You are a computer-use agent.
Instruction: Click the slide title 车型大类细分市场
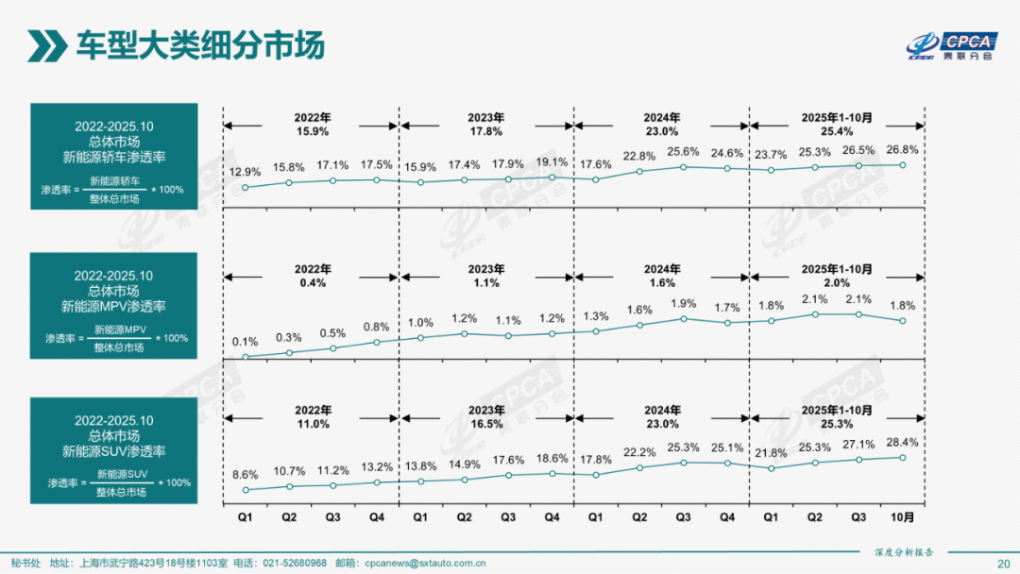coord(199,45)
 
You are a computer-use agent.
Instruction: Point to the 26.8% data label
coord(902,149)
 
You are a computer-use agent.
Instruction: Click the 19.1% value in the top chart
coord(552,161)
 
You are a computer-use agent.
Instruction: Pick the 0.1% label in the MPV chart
coord(245,342)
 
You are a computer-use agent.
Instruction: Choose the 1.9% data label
coord(683,303)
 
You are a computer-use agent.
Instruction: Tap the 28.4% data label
coord(902,442)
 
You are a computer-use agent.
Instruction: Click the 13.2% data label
coord(376,466)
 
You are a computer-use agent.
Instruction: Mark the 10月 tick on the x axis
coord(902,517)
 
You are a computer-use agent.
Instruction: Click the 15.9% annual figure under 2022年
coord(313,131)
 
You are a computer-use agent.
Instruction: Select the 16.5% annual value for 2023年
coord(485,425)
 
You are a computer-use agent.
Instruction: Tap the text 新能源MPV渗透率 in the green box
coord(113,307)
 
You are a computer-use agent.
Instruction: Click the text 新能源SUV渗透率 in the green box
coord(113,451)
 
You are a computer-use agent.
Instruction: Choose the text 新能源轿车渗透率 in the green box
coord(113,158)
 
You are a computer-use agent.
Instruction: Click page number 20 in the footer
coord(1002,563)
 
